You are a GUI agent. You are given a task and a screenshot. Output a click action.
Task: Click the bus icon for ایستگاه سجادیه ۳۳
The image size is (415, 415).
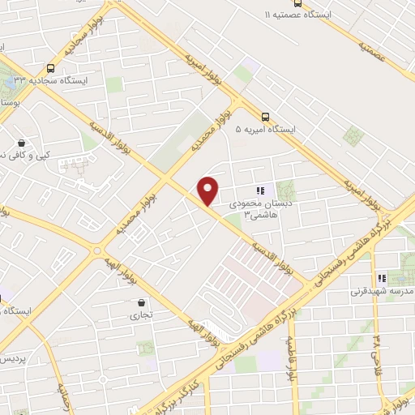tap(52, 69)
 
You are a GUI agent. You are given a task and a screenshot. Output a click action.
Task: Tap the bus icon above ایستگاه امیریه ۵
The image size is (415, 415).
tap(265, 116)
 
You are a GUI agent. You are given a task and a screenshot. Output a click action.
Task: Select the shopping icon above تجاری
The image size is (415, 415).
tap(142, 305)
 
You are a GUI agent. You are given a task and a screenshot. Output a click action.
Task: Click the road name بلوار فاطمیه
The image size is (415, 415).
tap(289, 357)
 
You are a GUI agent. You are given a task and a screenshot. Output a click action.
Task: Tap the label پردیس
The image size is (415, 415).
tap(12, 357)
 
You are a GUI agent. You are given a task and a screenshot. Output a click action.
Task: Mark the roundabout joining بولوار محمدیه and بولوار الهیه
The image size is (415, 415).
tap(97, 250)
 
